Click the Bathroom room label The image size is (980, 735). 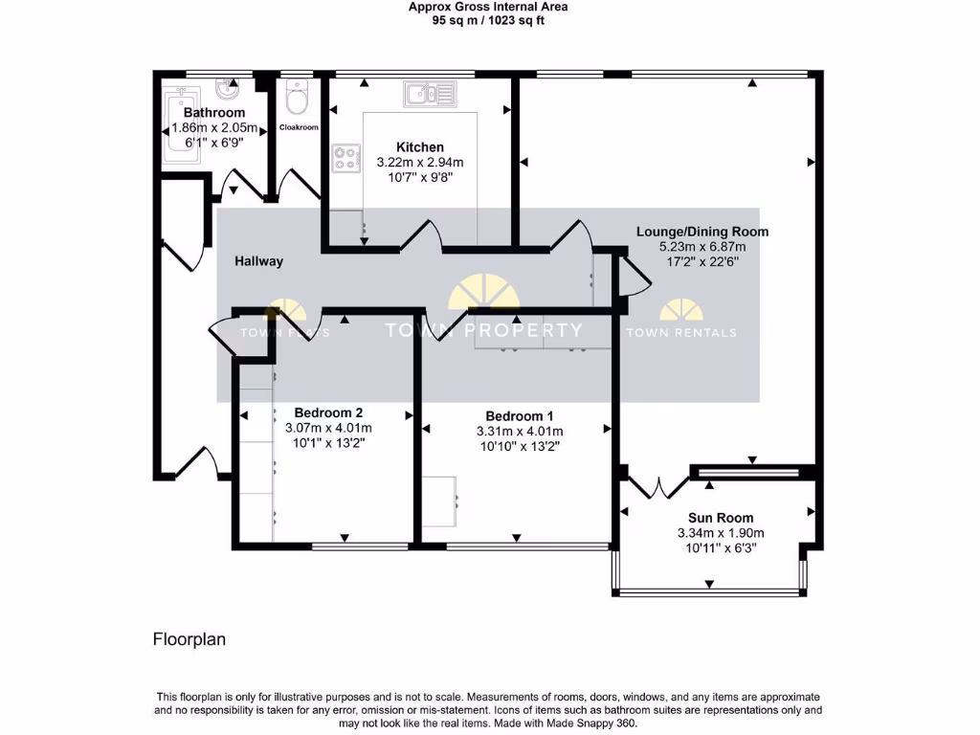point(214,113)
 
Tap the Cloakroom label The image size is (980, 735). point(299,127)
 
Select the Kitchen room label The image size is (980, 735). point(420,147)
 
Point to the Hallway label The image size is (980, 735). point(259,261)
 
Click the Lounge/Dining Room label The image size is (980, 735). point(702,232)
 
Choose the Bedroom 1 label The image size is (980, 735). point(520,416)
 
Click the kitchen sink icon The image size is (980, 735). point(430,93)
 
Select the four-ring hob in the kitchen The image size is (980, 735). point(346,158)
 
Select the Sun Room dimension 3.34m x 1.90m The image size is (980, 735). point(721,533)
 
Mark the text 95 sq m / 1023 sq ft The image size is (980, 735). point(488,20)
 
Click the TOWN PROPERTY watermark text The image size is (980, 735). point(483,331)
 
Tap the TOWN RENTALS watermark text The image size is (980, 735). point(681,333)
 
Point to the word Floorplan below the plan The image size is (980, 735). point(189,639)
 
